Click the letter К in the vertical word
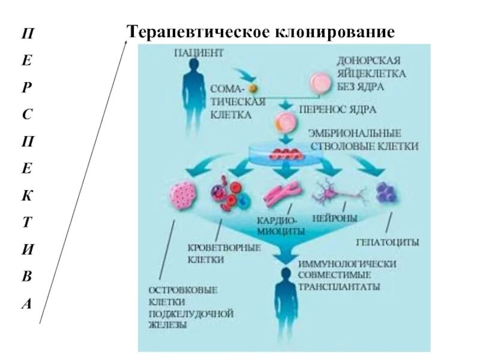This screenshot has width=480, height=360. (x=28, y=193)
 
